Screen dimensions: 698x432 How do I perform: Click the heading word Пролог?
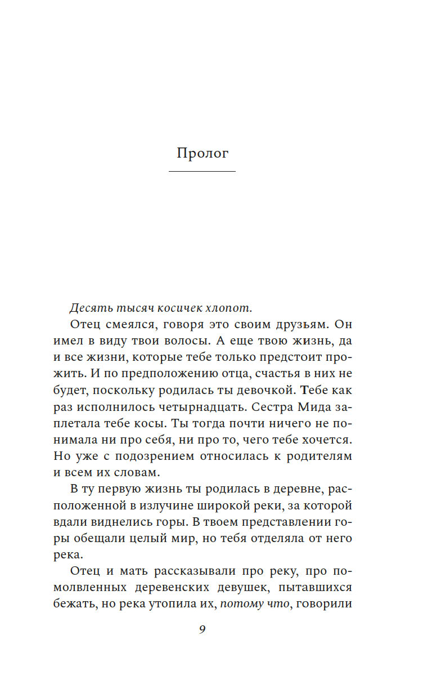[202, 153]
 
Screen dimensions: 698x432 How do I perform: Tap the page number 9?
[202, 629]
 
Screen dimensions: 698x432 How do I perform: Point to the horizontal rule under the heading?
[202, 171]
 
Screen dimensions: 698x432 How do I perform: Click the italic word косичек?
[182, 308]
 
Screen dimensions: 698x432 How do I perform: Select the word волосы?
[202, 341]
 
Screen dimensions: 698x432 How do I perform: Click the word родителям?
[317, 455]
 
